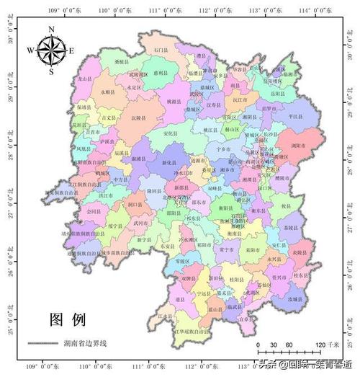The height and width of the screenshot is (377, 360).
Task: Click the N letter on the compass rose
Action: click(51, 30)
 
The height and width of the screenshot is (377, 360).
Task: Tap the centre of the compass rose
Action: click(51, 50)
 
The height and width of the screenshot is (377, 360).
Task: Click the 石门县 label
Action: click(160, 50)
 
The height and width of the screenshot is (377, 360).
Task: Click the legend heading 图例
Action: click(68, 319)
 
